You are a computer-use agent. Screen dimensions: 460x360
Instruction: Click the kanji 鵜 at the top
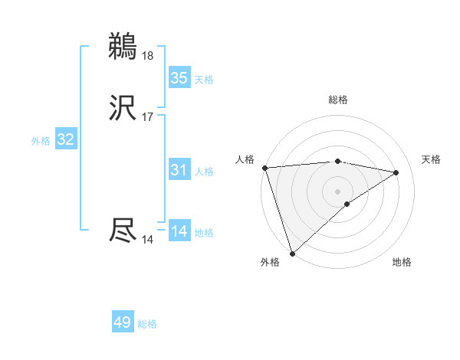point(123,46)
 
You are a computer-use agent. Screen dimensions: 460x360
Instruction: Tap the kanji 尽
point(123,231)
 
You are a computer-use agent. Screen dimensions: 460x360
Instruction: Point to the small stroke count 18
point(148,55)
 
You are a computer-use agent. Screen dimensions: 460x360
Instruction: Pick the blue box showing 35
point(179,78)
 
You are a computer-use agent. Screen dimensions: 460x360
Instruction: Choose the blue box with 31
point(179,170)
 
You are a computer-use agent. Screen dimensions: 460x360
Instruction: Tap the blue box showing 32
point(66,139)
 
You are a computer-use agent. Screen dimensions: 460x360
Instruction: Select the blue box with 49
point(123,322)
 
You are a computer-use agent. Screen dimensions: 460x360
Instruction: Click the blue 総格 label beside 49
point(147,324)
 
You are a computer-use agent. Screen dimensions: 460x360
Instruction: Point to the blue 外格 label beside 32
point(41,141)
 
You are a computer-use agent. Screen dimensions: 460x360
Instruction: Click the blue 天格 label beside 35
point(204,80)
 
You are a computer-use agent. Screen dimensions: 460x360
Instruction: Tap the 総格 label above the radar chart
point(338,100)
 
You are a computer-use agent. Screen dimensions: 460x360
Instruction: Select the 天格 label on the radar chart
point(432,159)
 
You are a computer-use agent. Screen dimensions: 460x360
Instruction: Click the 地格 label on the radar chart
point(402,263)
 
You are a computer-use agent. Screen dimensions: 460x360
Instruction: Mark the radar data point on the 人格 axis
point(264,168)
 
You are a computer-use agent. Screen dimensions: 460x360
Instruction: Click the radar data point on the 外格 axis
point(292,253)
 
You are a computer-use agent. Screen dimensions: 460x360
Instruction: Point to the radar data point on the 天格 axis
point(396,172)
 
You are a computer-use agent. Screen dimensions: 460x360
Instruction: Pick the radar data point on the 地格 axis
point(347,204)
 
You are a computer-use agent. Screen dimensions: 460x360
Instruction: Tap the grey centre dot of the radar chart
point(338,191)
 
